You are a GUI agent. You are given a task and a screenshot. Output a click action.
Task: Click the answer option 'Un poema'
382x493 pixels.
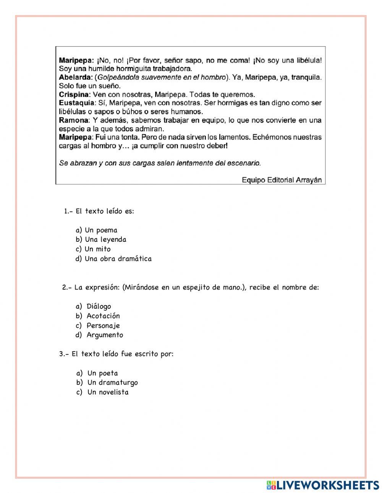point(101,230)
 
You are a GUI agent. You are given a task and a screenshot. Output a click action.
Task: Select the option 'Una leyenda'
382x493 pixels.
point(105,239)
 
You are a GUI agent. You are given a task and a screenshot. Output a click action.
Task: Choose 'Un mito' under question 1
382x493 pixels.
point(97,249)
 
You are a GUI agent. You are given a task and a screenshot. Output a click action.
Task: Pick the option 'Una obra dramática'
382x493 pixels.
point(118,259)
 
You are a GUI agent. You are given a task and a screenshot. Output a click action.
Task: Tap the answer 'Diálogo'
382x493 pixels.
point(99,306)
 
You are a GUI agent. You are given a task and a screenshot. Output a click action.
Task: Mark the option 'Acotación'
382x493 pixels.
point(103,316)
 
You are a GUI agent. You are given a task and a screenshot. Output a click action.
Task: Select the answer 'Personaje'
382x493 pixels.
point(103,325)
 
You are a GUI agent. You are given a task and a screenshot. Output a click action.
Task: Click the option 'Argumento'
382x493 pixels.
point(105,335)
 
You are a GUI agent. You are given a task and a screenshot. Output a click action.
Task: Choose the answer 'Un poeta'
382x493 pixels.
point(102,373)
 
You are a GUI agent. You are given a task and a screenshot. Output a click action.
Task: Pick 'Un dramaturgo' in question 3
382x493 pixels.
point(112,382)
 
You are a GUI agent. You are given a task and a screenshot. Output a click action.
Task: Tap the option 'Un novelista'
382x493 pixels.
point(108,392)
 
